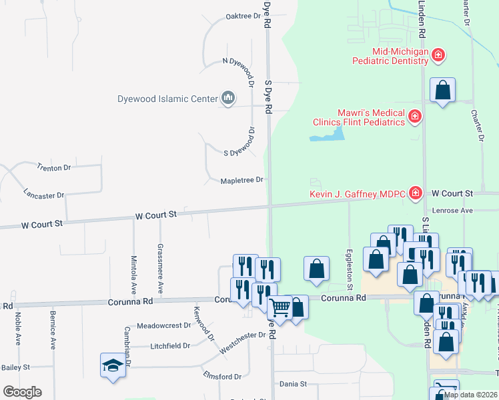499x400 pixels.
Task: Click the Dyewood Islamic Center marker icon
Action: [x=228, y=99]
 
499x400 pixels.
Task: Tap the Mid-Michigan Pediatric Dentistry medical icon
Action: [x=438, y=55]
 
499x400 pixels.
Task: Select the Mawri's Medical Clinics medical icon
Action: [x=415, y=117]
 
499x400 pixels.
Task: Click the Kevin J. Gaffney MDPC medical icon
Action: [x=415, y=193]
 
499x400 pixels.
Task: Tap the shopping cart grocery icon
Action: [x=279, y=307]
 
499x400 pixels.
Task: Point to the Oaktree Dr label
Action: [x=242, y=16]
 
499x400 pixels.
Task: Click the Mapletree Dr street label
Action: [x=242, y=180]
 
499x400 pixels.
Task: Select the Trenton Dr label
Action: [x=53, y=167]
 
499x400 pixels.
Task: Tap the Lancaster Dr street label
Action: [x=43, y=195]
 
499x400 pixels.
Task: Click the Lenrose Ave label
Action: [x=452, y=211]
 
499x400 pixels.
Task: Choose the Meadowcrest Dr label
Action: [x=163, y=326]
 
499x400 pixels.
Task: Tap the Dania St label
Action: [x=293, y=384]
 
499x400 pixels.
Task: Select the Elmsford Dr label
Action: [x=222, y=377]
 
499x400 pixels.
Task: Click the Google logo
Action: [x=22, y=392]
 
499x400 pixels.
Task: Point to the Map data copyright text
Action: [x=470, y=395]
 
